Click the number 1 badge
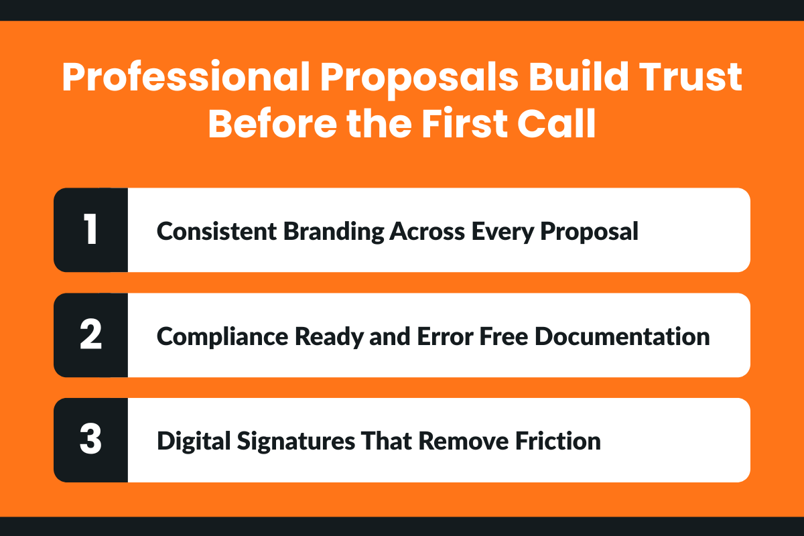pos(90,230)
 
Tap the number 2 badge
pos(90,335)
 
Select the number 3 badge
pos(90,440)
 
